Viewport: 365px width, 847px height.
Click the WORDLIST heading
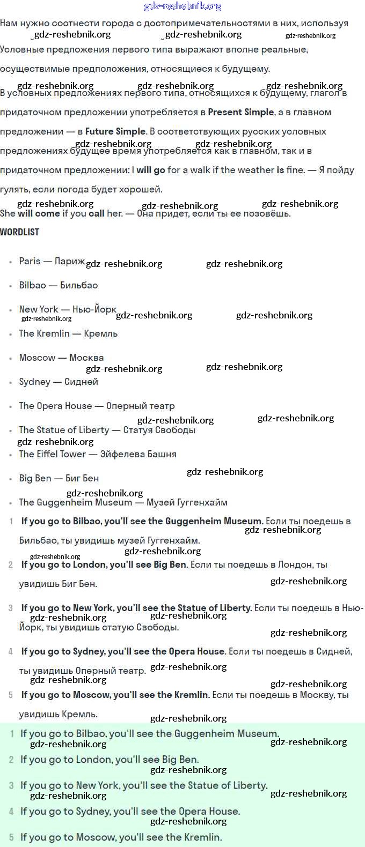[19, 232]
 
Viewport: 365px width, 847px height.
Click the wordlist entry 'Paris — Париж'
[52, 261]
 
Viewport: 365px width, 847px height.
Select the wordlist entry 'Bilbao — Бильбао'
[58, 285]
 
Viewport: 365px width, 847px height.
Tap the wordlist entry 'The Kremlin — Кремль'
[68, 333]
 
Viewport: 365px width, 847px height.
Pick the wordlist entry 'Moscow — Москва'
[61, 358]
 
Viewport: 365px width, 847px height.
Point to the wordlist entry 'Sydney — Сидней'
[58, 382]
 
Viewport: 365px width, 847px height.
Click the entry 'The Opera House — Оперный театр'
[97, 406]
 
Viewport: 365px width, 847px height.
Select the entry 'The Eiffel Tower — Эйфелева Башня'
[97, 454]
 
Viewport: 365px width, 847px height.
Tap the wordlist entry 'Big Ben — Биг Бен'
[59, 478]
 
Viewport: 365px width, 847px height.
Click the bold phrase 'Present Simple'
[240, 112]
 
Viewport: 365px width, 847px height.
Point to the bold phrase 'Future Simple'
[115, 131]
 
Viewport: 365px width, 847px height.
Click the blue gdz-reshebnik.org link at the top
[182, 6]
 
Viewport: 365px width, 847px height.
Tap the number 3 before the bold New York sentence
[11, 608]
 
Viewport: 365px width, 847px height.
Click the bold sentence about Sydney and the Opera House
[123, 651]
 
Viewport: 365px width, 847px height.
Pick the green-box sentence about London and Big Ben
[109, 760]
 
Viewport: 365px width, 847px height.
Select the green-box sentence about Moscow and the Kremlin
[121, 837]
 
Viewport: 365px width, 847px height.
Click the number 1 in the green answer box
[12, 734]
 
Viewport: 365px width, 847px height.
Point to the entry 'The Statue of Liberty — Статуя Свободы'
[107, 430]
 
